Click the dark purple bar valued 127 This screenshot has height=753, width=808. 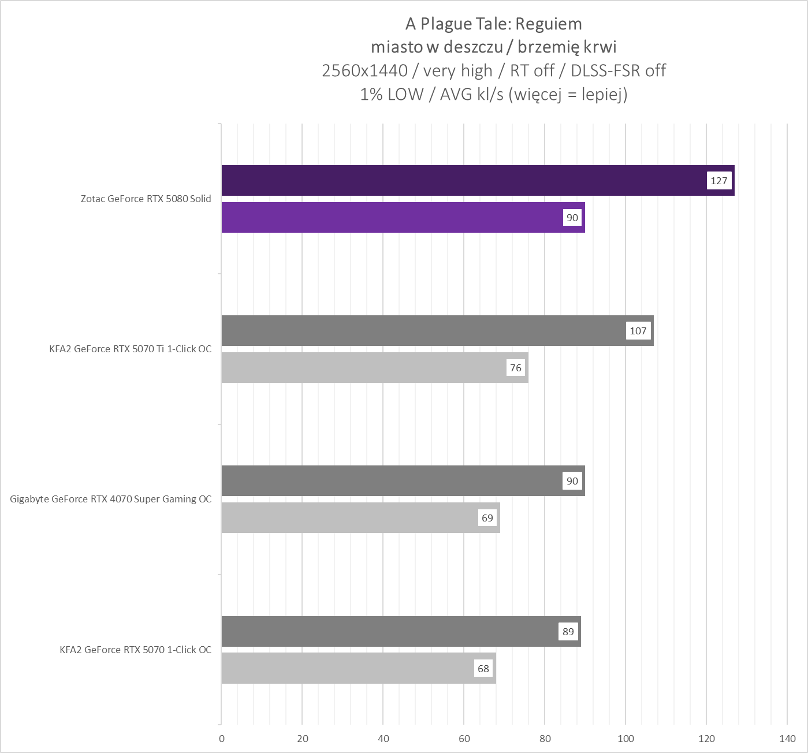[x=462, y=180]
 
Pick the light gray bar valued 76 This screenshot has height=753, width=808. [x=364, y=368]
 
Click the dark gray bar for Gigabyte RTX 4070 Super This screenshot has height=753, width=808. [x=393, y=481]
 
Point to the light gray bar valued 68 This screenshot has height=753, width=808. [x=347, y=669]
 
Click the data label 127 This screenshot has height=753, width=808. [x=719, y=181]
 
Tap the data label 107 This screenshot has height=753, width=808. [x=638, y=331]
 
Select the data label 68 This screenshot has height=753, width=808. [x=483, y=669]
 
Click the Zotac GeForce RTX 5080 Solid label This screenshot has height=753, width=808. [x=146, y=199]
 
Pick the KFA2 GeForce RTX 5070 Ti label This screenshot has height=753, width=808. [x=131, y=349]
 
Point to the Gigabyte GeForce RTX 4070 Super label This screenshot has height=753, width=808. [x=111, y=499]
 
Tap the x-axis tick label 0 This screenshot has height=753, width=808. [x=222, y=739]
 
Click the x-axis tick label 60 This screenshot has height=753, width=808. [x=464, y=739]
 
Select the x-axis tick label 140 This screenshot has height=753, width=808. [x=787, y=739]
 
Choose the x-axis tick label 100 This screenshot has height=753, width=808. [x=625, y=739]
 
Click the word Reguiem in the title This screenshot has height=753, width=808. [x=549, y=24]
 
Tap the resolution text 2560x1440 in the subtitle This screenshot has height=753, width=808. [x=364, y=70]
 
